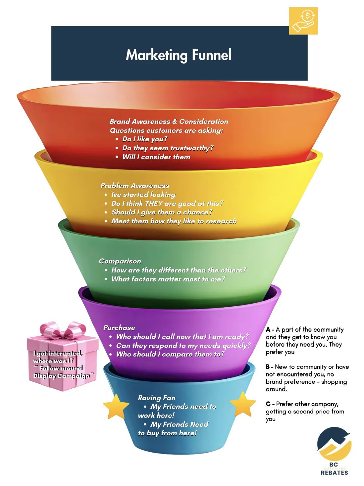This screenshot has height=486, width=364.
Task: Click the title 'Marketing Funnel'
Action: pyautogui.click(x=179, y=55)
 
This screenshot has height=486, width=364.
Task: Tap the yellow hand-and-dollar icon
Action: pyautogui.click(x=303, y=21)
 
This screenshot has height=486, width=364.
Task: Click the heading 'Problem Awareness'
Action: pyautogui.click(x=135, y=186)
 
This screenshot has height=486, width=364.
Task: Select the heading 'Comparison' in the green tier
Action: pyautogui.click(x=120, y=261)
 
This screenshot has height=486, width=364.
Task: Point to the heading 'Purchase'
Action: pyautogui.click(x=119, y=328)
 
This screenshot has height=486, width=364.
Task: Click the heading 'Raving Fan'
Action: pyautogui.click(x=157, y=398)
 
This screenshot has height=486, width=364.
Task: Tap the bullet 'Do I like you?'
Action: pyautogui.click(x=145, y=139)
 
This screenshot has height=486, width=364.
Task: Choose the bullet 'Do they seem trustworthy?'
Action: pyautogui.click(x=168, y=148)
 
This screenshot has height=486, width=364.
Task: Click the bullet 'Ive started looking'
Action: pyautogui.click(x=143, y=195)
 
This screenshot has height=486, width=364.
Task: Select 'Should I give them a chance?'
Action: pyautogui.click(x=162, y=212)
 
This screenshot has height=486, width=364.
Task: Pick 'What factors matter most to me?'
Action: pyautogui.click(x=168, y=279)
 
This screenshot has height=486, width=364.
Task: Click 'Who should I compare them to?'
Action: pyautogui.click(x=170, y=354)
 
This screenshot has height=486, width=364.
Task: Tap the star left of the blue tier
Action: pyautogui.click(x=116, y=407)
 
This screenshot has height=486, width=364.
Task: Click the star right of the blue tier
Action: pyautogui.click(x=243, y=405)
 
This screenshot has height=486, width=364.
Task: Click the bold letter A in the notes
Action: pyautogui.click(x=268, y=330)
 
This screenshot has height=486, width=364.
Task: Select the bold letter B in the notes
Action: pyautogui.click(x=268, y=367)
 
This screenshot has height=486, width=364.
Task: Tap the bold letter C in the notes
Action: pyautogui.click(x=268, y=404)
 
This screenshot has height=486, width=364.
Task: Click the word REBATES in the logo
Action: pyautogui.click(x=334, y=473)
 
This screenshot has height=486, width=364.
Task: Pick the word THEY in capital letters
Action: pyautogui.click(x=154, y=203)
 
